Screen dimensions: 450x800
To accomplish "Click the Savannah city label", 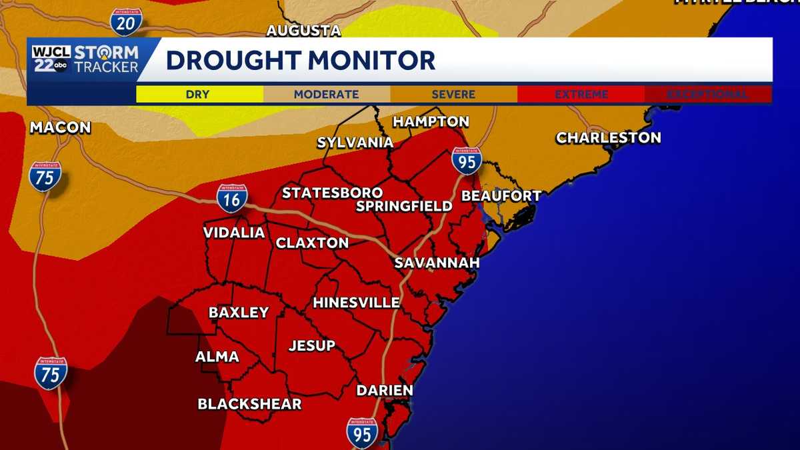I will click(437, 263).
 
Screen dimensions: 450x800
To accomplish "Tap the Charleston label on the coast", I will click(609, 138).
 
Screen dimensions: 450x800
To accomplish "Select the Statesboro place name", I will click(332, 193).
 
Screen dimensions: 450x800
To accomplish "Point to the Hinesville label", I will click(356, 303).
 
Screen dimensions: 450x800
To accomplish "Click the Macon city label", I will click(60, 127).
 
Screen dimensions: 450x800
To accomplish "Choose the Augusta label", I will click(303, 31).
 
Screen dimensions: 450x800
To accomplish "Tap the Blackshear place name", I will click(249, 404).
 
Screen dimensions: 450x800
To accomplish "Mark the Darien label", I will click(385, 390).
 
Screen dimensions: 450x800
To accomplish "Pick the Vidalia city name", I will click(234, 233).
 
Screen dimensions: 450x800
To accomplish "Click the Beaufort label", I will click(501, 196).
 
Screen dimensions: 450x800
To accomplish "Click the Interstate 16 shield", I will click(232, 199).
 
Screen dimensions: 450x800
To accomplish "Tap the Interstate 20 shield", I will click(125, 22).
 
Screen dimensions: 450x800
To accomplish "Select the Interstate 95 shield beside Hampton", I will click(466, 161).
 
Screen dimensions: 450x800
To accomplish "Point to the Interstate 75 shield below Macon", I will click(45, 176).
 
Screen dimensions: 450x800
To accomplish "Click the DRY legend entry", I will click(199, 95).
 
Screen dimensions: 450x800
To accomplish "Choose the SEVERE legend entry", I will click(453, 95).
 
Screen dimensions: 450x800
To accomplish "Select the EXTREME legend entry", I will click(581, 95).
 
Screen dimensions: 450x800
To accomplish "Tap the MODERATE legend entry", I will click(327, 95).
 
